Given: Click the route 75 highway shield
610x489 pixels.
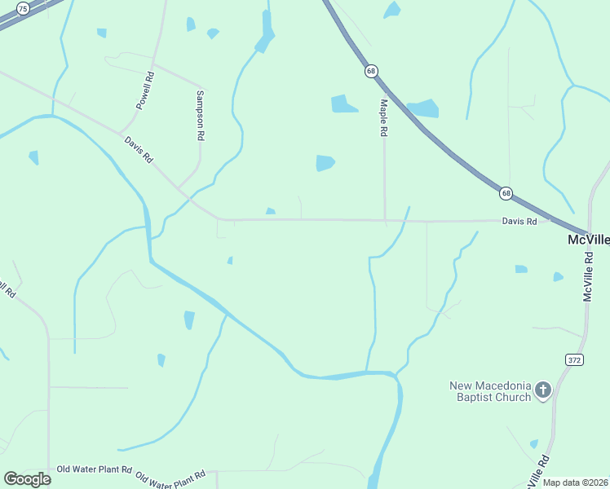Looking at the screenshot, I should (23, 8).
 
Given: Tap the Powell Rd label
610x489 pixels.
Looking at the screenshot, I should (145, 92).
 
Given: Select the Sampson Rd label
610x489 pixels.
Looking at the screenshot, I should (199, 116).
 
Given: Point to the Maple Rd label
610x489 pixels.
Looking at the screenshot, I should (383, 119).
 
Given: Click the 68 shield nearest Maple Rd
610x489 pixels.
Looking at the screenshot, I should (372, 71).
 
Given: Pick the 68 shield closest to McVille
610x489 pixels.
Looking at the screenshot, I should (506, 193).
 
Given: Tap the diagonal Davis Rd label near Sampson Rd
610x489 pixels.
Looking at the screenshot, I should (138, 149).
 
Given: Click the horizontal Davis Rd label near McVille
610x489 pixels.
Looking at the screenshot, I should (519, 221).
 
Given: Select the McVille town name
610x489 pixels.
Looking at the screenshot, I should (588, 240).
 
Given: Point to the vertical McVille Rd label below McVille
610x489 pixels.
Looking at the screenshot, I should (587, 277).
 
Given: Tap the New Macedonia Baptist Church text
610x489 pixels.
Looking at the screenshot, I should (490, 391).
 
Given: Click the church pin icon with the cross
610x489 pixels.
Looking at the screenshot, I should (543, 390).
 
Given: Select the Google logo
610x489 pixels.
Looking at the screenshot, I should (27, 479).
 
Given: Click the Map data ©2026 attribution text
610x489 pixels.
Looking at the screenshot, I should (576, 482).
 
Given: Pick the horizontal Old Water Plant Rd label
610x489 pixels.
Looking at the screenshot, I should (94, 469).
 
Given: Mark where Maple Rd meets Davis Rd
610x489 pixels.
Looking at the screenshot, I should (385, 220).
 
